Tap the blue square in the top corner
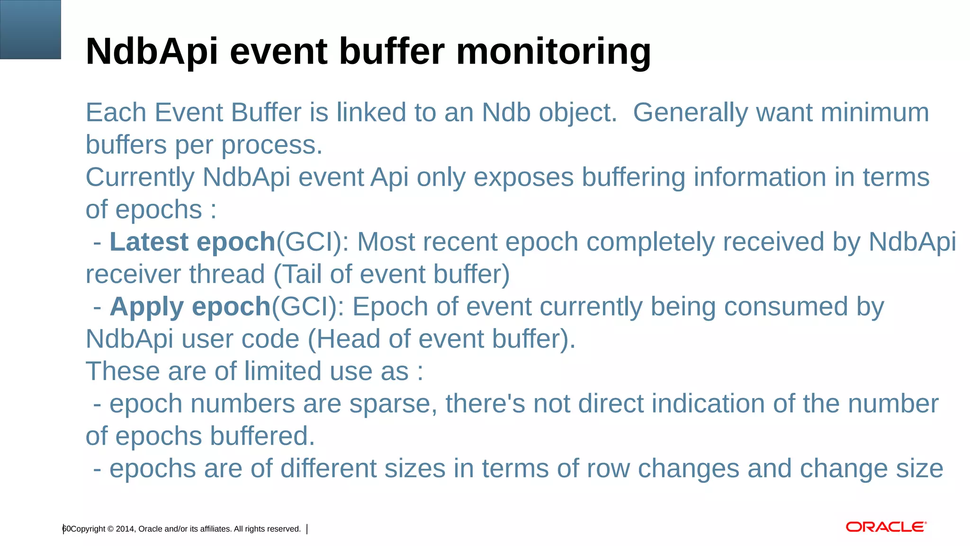tap(30, 29)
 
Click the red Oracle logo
tap(886, 527)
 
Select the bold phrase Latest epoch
tap(192, 242)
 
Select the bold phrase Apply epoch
tap(190, 307)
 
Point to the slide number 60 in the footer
tap(66, 529)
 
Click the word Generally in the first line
tap(690, 113)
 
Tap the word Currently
tap(140, 178)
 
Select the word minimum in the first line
tap(874, 113)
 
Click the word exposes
tap(523, 178)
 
